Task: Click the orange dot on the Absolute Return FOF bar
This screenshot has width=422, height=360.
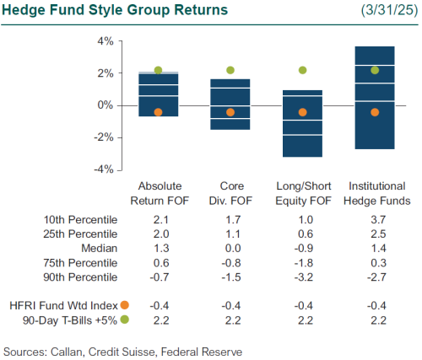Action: pyautogui.click(x=158, y=112)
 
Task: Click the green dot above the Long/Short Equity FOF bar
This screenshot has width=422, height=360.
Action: pyautogui.click(x=303, y=71)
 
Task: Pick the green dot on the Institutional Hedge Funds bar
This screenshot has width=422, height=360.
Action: pyautogui.click(x=376, y=71)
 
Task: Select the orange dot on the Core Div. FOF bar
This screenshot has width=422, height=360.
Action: pyautogui.click(x=230, y=112)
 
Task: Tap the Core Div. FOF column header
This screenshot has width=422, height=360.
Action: pyautogui.click(x=230, y=193)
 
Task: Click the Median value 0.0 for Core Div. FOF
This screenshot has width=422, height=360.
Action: pyautogui.click(x=230, y=249)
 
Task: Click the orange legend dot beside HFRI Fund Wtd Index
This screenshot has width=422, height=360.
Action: pyautogui.click(x=125, y=304)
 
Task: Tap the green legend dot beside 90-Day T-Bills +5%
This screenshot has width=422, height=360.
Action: pyautogui.click(x=125, y=319)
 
